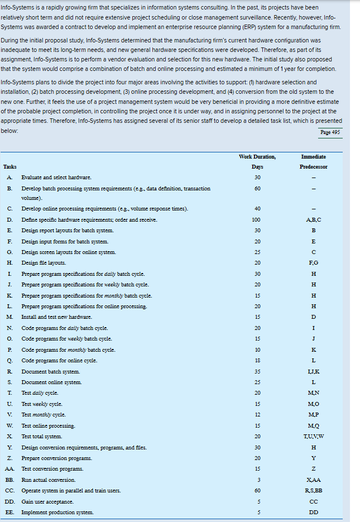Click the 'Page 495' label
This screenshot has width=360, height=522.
coord(331,132)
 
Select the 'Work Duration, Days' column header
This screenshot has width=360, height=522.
coord(257,161)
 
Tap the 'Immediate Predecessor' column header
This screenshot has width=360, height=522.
coord(313,161)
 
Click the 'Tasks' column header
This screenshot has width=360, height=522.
coord(9,167)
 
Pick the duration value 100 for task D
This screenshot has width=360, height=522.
coord(257,219)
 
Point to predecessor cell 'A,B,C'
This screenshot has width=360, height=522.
coord(313,219)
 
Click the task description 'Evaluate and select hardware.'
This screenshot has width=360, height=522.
coord(56,177)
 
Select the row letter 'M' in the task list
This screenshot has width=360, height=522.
coord(9,317)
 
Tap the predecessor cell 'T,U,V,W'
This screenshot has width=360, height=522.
coord(313,435)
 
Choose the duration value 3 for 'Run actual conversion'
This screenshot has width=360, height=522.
coord(257,480)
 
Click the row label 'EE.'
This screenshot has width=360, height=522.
coord(10,512)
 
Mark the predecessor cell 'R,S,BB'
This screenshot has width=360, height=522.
coord(313,490)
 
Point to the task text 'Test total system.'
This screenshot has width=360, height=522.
coord(42,435)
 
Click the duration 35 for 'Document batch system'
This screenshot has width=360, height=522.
coord(257,371)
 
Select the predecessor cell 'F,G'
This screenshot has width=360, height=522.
coord(313,263)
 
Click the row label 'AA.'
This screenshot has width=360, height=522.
coord(10,468)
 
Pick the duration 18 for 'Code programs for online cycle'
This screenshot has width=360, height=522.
coord(257,361)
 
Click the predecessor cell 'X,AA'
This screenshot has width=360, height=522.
coord(313,480)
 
